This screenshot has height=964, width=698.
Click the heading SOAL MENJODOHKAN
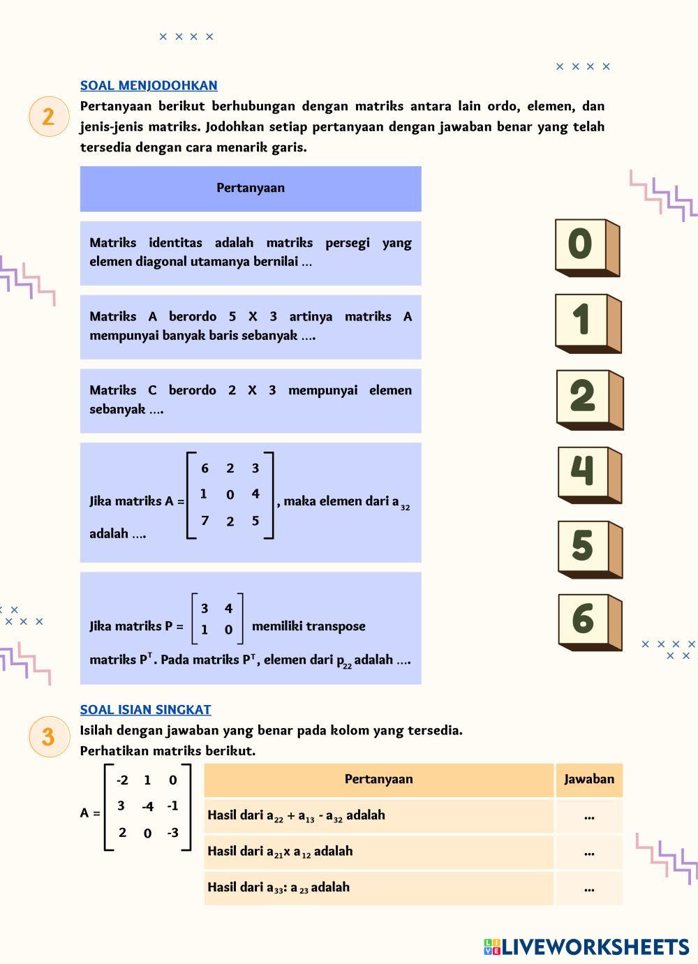pyautogui.click(x=149, y=85)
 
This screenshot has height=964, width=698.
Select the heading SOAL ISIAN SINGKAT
pyautogui.click(x=145, y=709)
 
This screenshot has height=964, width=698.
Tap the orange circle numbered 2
pyautogui.click(x=48, y=116)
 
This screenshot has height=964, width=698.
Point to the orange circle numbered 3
pyautogui.click(x=48, y=736)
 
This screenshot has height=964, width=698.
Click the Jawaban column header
pyautogui.click(x=589, y=779)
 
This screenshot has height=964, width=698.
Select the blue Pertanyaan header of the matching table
pyautogui.click(x=251, y=188)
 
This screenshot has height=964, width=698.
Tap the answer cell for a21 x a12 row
pyautogui.click(x=589, y=852)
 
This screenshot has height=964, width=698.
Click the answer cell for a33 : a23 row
pyautogui.click(x=589, y=889)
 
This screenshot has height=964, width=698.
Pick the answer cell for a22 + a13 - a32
pyautogui.click(x=589, y=816)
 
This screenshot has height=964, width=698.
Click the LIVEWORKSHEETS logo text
pyautogui.click(x=595, y=947)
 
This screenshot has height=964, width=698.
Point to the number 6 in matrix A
pyautogui.click(x=205, y=468)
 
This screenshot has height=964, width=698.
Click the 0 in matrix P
pyautogui.click(x=228, y=630)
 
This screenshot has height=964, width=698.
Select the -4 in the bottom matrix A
pyautogui.click(x=147, y=807)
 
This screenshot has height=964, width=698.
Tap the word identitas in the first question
pyautogui.click(x=175, y=243)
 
